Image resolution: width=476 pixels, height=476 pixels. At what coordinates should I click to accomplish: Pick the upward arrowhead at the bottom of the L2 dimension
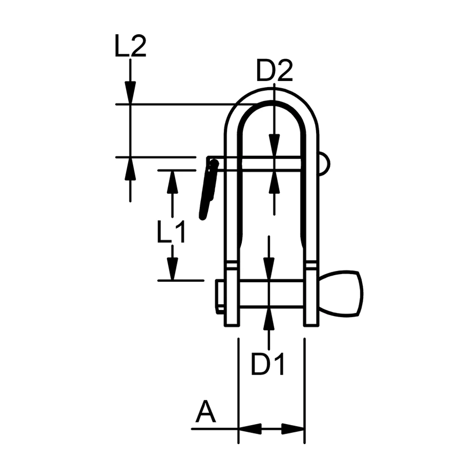tap(130, 169)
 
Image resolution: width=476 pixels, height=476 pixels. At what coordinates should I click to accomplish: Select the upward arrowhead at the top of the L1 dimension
tap(172, 182)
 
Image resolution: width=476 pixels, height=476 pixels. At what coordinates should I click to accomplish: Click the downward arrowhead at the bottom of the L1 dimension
tap(172, 268)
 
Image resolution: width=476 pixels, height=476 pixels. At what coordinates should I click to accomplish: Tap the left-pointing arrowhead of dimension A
tap(249, 428)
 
